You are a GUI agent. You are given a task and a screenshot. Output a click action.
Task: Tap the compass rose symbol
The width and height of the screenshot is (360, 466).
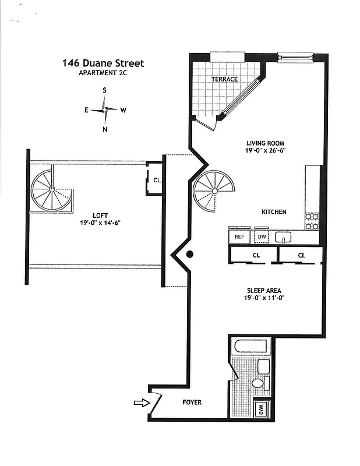[104, 110]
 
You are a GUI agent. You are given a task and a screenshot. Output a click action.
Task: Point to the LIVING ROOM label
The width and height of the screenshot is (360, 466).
[265, 143]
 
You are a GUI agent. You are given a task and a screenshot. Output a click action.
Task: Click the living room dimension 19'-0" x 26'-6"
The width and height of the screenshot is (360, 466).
[265, 150]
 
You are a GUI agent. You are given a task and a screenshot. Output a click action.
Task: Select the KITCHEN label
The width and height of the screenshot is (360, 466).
[273, 212]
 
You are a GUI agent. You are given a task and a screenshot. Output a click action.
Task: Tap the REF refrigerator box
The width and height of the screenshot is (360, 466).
[239, 237]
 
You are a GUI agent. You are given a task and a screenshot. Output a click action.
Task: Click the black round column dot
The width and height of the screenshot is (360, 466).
[189, 254]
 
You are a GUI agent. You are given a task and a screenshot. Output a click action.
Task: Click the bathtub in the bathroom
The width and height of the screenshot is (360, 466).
[250, 347]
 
